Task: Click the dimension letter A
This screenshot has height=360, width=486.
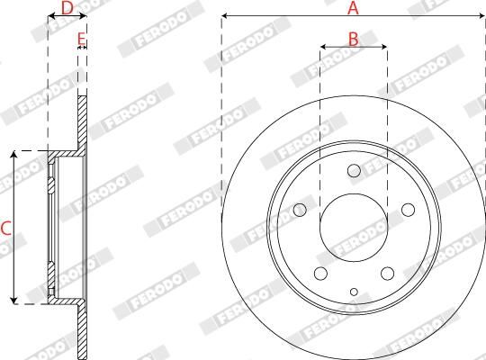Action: coord(354,8)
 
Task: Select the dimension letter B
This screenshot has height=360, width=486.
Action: coord(354,38)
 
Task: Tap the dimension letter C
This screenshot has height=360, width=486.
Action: coord(6,229)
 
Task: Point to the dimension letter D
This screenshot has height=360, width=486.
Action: coord(67,8)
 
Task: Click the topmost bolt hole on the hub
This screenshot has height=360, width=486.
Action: coord(354,171)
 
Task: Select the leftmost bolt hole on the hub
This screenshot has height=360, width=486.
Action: coord(300,210)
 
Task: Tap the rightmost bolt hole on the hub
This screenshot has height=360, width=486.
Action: coord(408,210)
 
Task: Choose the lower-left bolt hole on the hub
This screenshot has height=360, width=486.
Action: coord(320,274)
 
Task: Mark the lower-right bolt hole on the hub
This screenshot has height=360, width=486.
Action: coord(387,274)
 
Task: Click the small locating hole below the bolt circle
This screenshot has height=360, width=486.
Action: coord(354,291)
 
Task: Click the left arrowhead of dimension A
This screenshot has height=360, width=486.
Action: coord(225,16)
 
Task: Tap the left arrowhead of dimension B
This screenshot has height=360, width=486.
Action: coord(323,47)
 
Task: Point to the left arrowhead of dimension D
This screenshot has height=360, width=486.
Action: coord(50,16)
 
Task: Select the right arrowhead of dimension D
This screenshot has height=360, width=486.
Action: coord(84,16)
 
